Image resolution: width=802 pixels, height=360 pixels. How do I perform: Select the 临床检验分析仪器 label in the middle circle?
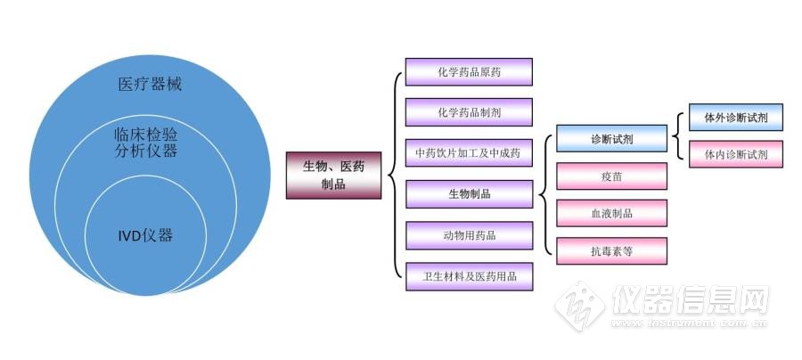tap(145, 143)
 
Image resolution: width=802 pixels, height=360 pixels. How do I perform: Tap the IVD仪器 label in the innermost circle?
tap(145, 236)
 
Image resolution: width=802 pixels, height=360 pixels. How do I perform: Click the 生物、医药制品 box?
tap(333, 175)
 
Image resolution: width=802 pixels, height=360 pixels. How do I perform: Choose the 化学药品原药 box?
tap(469, 72)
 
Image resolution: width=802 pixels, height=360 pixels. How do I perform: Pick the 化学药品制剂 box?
tap(469, 112)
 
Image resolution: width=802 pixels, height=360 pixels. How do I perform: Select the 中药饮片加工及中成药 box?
tap(469, 153)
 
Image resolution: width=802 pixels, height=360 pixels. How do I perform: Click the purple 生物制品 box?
tap(469, 194)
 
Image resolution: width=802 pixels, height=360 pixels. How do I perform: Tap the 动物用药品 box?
tap(469, 235)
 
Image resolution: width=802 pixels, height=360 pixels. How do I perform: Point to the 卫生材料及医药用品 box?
tap(469, 275)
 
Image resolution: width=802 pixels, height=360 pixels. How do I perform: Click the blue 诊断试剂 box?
tap(611, 139)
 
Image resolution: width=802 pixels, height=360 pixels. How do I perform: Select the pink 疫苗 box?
tap(611, 176)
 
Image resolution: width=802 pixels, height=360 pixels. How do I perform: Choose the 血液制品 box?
tap(611, 214)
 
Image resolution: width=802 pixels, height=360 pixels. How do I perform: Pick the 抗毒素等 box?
tap(611, 251)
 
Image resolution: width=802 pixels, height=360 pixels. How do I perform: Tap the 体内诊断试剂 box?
tap(736, 154)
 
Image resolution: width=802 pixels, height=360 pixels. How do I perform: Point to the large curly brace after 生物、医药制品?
tap(393, 175)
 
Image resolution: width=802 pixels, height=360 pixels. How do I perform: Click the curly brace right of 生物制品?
tap(544, 195)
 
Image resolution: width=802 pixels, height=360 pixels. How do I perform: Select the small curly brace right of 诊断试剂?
tap(678, 135)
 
